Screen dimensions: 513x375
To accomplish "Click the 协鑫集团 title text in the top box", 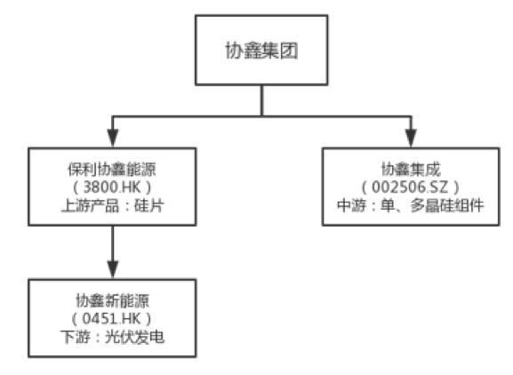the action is pyautogui.click(x=261, y=51).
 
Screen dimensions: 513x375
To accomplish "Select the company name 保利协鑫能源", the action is pyautogui.click(x=112, y=169).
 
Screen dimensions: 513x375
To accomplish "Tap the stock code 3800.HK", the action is pyautogui.click(x=112, y=187).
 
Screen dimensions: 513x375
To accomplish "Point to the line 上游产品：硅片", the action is pyautogui.click(x=112, y=205).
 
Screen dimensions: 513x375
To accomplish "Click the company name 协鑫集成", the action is pyautogui.click(x=411, y=169).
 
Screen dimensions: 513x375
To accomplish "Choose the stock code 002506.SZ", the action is pyautogui.click(x=410, y=187).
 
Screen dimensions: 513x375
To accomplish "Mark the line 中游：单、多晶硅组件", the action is pyautogui.click(x=411, y=205).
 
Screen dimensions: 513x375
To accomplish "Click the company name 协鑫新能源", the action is pyautogui.click(x=112, y=300).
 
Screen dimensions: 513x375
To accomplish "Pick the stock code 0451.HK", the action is pyautogui.click(x=111, y=318).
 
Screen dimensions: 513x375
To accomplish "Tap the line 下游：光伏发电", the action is pyautogui.click(x=112, y=337).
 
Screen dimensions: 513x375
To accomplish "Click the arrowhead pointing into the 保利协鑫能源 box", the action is pyautogui.click(x=113, y=139).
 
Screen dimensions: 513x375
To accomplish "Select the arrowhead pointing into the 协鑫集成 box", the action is pyautogui.click(x=411, y=139).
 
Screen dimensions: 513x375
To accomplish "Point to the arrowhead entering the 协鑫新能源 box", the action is pyautogui.click(x=113, y=269).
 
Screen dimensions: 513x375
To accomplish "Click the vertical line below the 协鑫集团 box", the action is pyautogui.click(x=261, y=100).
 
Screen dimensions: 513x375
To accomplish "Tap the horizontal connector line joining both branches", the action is pyautogui.click(x=261, y=116).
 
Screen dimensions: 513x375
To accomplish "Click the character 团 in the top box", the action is pyautogui.click(x=289, y=51).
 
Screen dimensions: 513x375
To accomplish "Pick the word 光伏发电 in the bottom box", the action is pyautogui.click(x=134, y=337).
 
